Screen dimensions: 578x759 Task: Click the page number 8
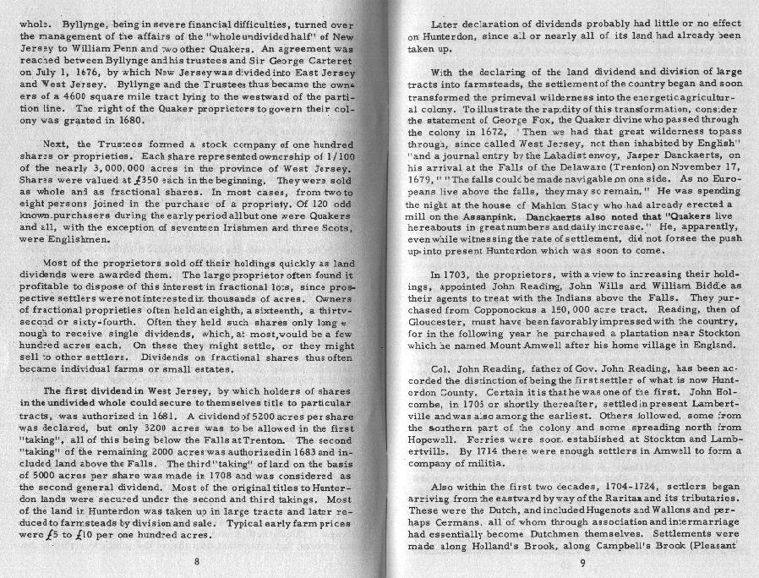[x=195, y=560]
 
